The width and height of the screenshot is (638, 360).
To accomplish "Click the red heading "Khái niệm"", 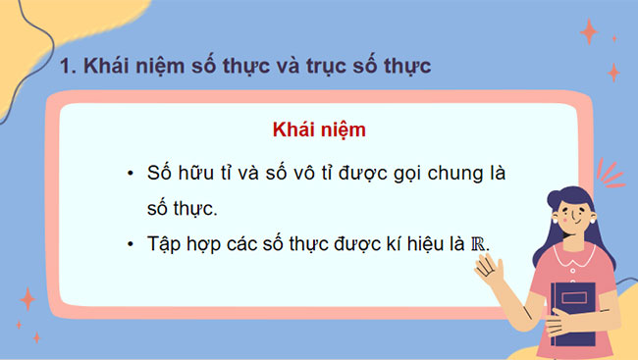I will pos(319,130).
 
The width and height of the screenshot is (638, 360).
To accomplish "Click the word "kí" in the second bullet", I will pos(399,243).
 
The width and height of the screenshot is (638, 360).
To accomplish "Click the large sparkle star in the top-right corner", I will pos(589,32).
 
